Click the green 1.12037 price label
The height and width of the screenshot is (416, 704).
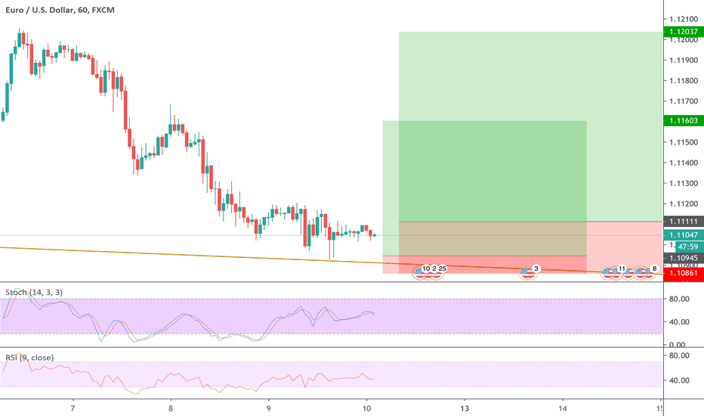(684, 32)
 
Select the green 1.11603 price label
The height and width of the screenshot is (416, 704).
(684, 120)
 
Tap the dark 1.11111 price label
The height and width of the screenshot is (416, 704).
(684, 221)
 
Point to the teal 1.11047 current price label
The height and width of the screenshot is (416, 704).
(684, 235)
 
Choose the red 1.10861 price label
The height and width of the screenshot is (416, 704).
(684, 273)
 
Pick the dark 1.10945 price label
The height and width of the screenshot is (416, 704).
(684, 258)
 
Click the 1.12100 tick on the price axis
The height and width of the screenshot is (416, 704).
(684, 19)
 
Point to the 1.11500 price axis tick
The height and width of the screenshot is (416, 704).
(684, 142)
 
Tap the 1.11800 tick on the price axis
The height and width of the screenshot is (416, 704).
(684, 80)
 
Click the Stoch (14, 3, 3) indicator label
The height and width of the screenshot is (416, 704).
(35, 292)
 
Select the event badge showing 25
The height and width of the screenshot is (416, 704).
(441, 269)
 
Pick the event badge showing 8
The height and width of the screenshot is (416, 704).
(654, 269)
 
